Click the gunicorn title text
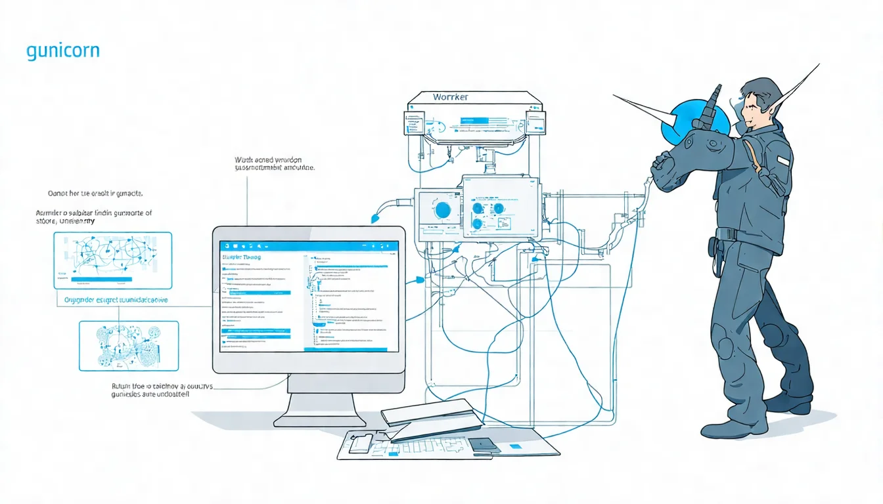click(63, 51)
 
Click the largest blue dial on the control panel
click(443, 210)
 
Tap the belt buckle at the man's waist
click(722, 234)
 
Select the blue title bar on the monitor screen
click(309, 245)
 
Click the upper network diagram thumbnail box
click(112, 261)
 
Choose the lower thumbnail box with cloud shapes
click(129, 345)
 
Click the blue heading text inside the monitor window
click(242, 257)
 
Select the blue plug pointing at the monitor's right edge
click(417, 281)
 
